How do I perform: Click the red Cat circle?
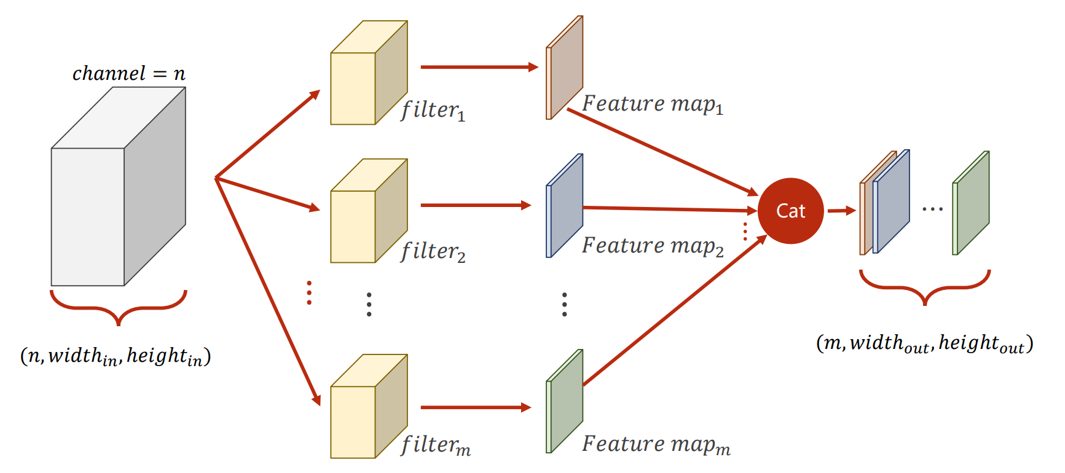[790, 211]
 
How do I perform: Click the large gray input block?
[117, 190]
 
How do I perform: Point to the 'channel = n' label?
[128, 74]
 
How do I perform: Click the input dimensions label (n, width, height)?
[116, 356]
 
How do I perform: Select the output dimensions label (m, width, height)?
[924, 343]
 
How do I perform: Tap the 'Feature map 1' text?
[652, 104]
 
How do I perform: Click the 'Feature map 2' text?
[652, 246]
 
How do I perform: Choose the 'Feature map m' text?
[655, 444]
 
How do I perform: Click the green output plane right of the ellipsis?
[972, 203]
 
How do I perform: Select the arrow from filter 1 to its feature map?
[478, 67]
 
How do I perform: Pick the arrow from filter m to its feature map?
[475, 407]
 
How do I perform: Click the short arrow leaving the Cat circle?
[841, 211]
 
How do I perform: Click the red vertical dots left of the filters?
[309, 293]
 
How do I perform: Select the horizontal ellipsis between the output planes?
[932, 209]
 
